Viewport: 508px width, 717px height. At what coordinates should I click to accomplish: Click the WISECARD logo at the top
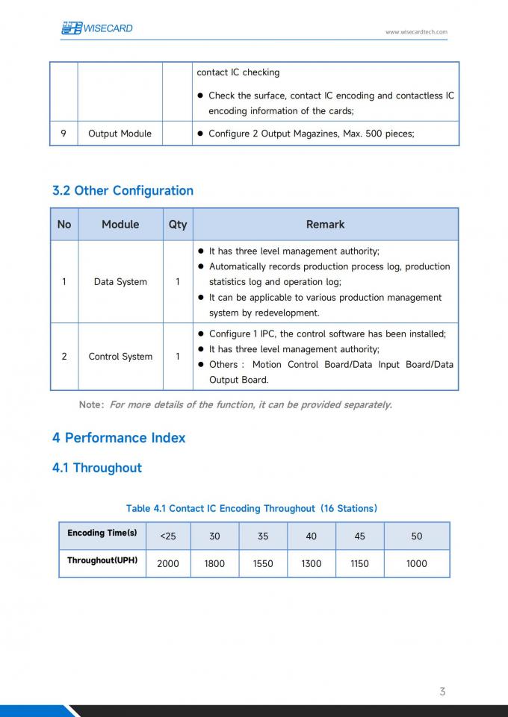point(96,28)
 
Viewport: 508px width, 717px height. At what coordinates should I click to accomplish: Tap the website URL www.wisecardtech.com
point(416,32)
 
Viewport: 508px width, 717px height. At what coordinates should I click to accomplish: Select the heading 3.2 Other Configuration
point(123,190)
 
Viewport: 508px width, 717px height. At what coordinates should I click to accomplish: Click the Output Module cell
point(120,134)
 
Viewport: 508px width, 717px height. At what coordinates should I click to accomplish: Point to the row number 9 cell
point(63,134)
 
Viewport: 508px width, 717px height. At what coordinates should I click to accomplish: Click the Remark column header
point(325,225)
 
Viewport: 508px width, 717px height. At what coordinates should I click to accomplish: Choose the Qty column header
point(178,225)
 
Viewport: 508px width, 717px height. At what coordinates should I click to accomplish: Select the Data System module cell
point(120,282)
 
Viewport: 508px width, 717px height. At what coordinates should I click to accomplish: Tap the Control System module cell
point(120,357)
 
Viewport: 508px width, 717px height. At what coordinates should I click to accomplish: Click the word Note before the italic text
point(91,405)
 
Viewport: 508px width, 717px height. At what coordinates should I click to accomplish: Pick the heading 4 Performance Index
point(119,438)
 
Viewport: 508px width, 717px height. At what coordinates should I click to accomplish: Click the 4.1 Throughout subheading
point(97,468)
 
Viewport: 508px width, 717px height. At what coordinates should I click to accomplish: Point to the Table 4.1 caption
point(252,508)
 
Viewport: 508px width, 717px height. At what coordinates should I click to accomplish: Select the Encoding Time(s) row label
point(102,533)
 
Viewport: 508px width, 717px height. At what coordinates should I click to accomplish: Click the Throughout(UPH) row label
point(102,560)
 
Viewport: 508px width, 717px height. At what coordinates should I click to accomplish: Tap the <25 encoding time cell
point(168,536)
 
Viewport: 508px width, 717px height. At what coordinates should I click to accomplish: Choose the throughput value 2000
point(168,563)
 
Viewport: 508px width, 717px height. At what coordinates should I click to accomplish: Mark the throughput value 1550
point(263,563)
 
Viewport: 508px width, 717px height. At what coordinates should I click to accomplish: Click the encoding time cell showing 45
point(359,536)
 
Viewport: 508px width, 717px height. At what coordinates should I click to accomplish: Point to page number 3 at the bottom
point(442,692)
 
